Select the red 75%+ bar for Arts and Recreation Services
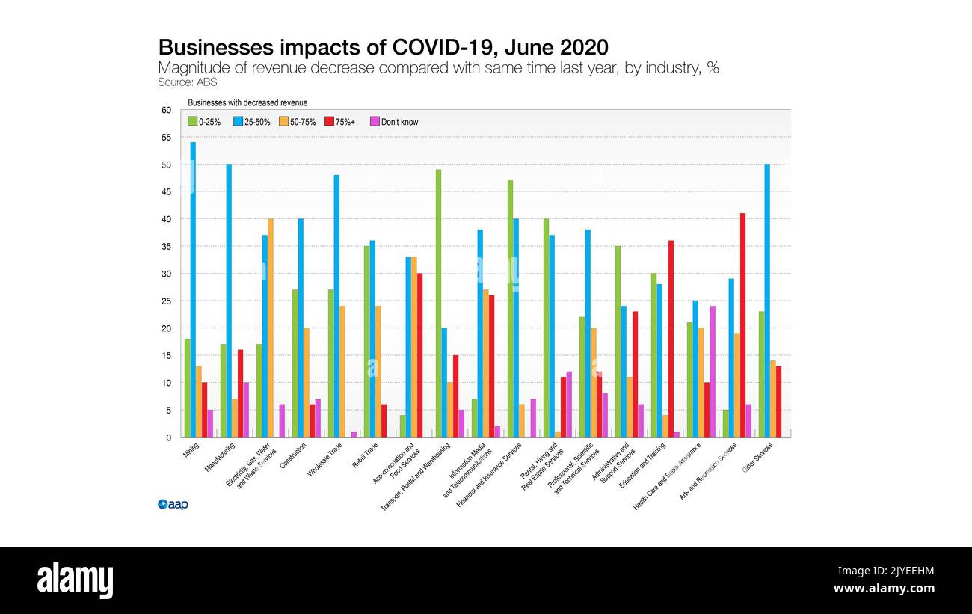tap(742, 325)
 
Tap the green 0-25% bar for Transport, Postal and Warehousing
tap(438, 303)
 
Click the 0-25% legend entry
tap(204, 122)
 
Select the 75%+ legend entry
tap(341, 122)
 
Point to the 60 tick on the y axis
tap(166, 110)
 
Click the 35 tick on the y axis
tap(166, 247)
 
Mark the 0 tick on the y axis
tap(168, 438)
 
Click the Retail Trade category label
tap(365, 454)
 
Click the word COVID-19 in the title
tap(446, 47)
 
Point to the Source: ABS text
tap(187, 82)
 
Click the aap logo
tap(173, 505)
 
